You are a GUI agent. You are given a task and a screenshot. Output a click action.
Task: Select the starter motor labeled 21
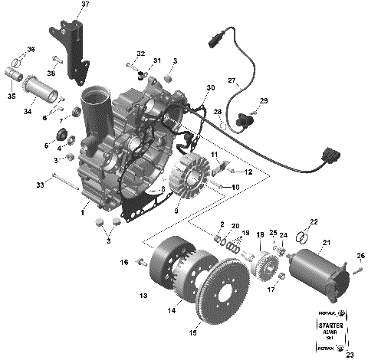pyautogui.click(x=319, y=264)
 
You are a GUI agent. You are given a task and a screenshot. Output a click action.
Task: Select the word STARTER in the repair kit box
pyautogui.click(x=329, y=326)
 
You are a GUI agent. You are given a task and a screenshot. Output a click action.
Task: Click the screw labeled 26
pyautogui.click(x=356, y=270)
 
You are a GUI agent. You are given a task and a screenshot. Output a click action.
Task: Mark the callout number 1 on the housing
pyautogui.click(x=83, y=212)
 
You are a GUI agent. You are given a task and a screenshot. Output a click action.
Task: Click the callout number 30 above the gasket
pyautogui.click(x=210, y=89)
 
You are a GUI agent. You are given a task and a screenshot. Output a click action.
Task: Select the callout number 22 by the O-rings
pyautogui.click(x=312, y=221)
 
